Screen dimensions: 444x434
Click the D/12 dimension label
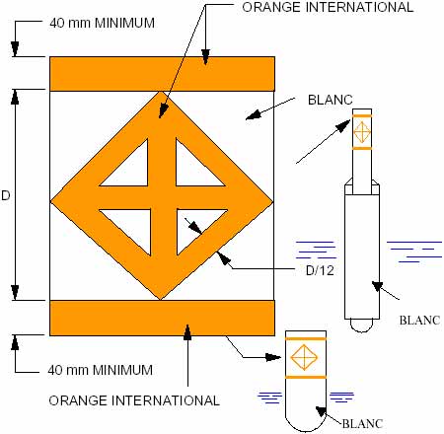320,270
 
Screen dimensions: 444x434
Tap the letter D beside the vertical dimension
6,195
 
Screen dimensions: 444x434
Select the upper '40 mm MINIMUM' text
102,23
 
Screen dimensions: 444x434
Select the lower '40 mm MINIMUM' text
101,370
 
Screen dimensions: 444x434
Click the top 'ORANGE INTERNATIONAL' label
328,7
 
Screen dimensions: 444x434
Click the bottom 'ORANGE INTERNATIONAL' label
134,400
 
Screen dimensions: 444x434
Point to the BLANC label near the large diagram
330,100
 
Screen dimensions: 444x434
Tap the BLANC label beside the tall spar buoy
419,320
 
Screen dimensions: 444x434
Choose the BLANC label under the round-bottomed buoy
362,423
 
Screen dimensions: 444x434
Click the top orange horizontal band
162,74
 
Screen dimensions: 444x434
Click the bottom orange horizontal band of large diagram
162,318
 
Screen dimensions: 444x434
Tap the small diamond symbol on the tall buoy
362,132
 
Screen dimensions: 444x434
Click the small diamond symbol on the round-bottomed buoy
304,357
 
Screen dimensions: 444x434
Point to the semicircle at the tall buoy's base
362,328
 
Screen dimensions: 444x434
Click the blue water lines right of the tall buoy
414,252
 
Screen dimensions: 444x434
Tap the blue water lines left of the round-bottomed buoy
270,398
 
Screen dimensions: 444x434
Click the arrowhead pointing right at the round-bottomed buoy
273,357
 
